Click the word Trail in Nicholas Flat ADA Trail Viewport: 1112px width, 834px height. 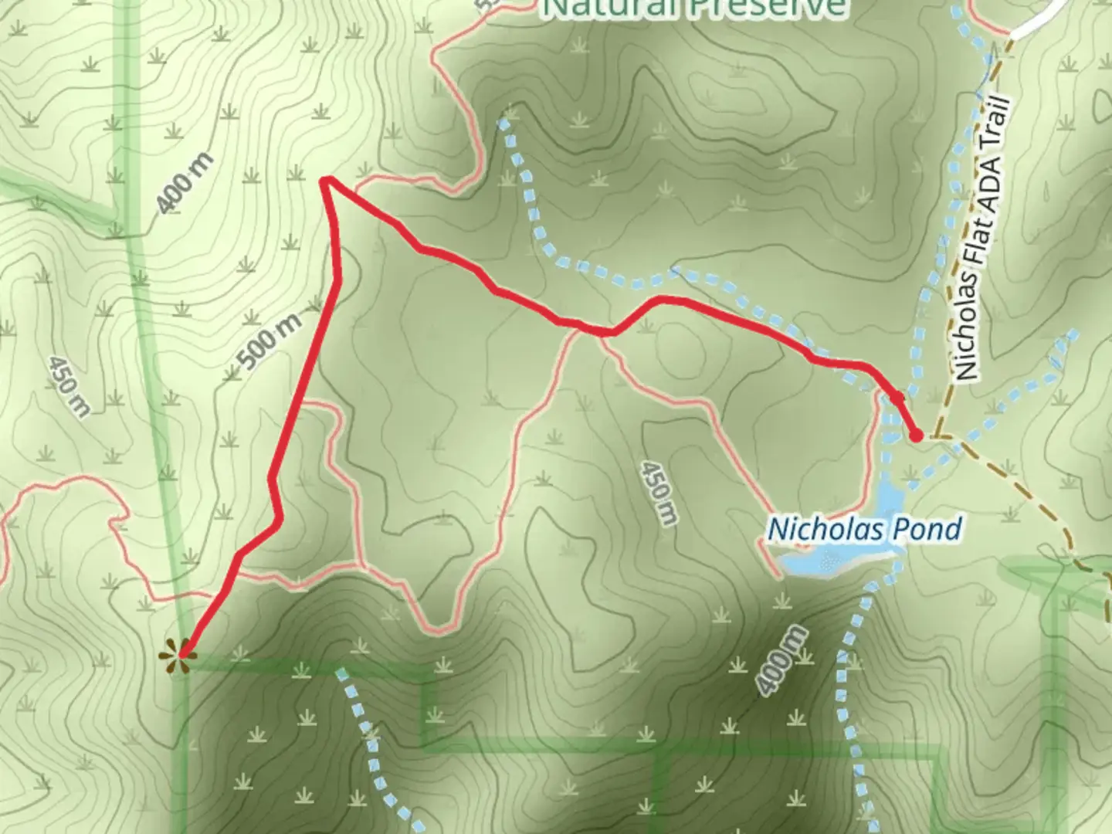996,125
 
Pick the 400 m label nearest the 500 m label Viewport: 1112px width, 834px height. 184,184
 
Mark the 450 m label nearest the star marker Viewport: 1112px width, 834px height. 67,386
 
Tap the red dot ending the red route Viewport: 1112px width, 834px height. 916,436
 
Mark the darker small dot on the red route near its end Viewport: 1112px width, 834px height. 897,398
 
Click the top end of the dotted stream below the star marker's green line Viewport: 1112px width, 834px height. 340,672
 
